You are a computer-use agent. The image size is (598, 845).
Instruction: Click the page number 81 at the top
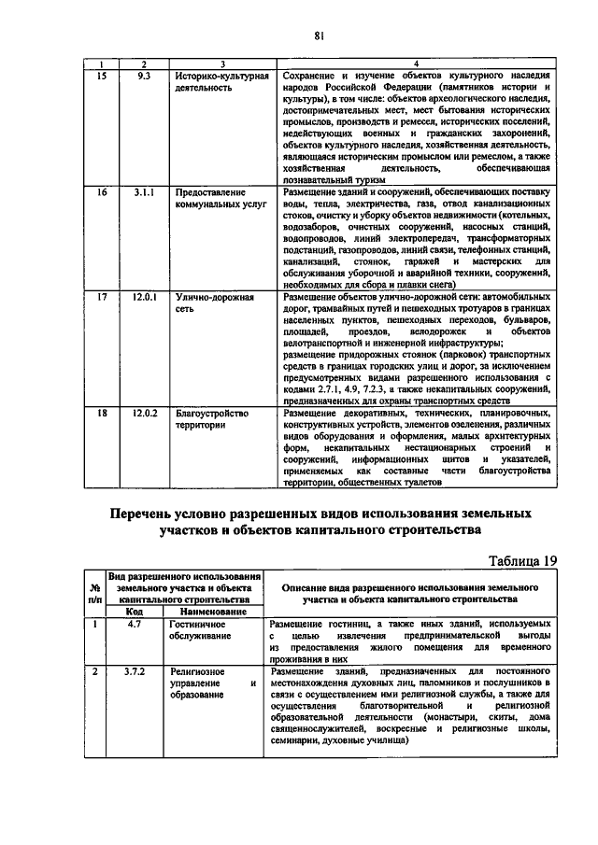point(318,35)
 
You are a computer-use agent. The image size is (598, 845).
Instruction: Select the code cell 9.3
point(144,75)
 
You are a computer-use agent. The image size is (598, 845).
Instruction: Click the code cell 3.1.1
point(144,191)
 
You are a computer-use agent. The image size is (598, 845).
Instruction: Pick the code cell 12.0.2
point(144,412)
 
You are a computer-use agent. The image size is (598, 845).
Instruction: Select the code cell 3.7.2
point(134,670)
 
